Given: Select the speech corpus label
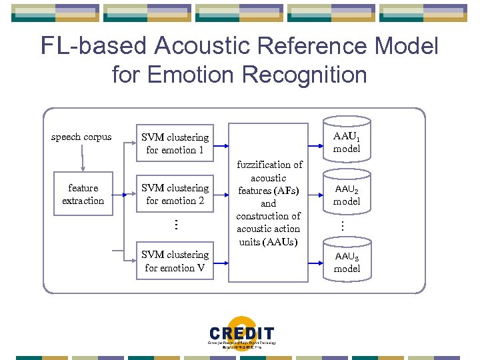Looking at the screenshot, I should coord(81,137).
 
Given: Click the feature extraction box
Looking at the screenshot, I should coord(83,194).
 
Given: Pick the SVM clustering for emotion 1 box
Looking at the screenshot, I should coord(175,143).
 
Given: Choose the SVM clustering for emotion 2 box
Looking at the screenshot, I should coord(175,194).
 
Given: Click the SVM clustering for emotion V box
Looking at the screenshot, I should coord(175,261).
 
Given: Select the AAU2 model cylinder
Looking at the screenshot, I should coord(346,194).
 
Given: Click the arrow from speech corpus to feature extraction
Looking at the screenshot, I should coord(82,161).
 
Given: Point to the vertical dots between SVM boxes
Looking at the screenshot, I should coord(175,225).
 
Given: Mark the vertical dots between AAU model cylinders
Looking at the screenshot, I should coord(341,226).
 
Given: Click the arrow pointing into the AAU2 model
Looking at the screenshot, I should coord(317,194).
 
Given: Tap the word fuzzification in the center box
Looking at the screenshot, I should coord(269,165).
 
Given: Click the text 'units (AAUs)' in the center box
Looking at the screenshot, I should coord(269,241).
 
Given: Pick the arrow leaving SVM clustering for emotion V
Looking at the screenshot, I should coord(221,261).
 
